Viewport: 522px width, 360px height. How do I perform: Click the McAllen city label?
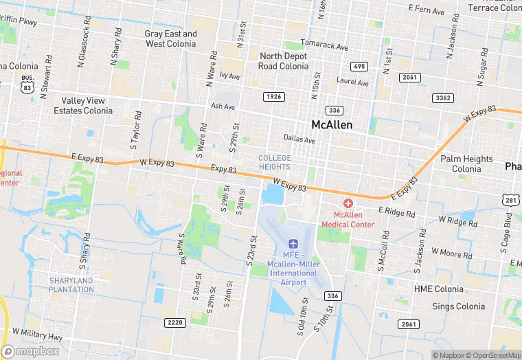coord(332,125)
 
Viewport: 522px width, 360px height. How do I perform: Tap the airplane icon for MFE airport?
coord(294,244)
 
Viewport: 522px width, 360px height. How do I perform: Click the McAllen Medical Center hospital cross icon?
coord(348,204)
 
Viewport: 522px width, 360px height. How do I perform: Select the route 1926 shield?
coord(273,97)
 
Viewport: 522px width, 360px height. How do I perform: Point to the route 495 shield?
coord(358,67)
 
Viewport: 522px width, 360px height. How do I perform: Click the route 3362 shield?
coord(443,98)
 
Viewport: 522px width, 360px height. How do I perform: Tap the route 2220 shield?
coord(176,322)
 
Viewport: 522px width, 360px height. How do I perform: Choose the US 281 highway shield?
coord(510,200)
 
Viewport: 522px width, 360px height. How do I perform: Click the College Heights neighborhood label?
coord(275,162)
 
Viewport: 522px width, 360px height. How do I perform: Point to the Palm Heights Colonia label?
coord(467,164)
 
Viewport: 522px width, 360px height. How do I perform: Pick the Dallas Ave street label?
coord(299,139)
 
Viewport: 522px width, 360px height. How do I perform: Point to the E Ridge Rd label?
coord(396,214)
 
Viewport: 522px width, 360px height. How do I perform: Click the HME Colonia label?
coord(439,289)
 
